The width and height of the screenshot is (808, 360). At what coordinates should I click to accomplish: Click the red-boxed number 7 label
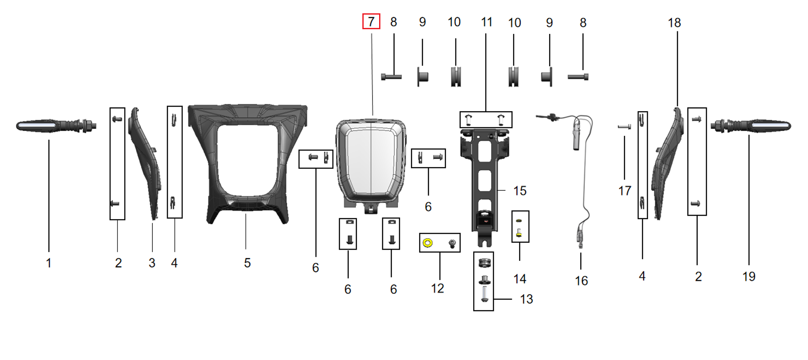(x=371, y=21)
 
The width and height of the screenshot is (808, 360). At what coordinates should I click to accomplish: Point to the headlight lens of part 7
(x=371, y=161)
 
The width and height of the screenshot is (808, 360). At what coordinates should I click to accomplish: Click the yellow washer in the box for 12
(x=428, y=243)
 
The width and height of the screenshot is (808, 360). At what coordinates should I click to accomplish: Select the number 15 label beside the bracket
(x=519, y=191)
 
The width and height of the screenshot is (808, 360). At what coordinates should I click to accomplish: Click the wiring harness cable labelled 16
(x=585, y=180)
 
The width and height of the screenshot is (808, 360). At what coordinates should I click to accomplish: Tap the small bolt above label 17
(x=624, y=127)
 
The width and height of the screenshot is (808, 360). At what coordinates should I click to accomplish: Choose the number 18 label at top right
(x=674, y=23)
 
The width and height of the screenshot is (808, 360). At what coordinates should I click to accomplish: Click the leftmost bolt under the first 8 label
(x=391, y=77)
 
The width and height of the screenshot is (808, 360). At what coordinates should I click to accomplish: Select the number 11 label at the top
(x=486, y=22)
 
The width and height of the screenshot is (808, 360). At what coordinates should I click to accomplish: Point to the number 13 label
(x=526, y=299)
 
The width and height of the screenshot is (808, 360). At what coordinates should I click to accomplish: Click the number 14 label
(x=519, y=279)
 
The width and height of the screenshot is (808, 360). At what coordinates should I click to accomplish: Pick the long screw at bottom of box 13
(x=484, y=294)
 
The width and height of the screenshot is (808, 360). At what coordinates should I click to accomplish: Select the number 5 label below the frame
(x=247, y=263)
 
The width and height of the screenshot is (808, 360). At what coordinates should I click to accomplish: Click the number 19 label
(x=749, y=277)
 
